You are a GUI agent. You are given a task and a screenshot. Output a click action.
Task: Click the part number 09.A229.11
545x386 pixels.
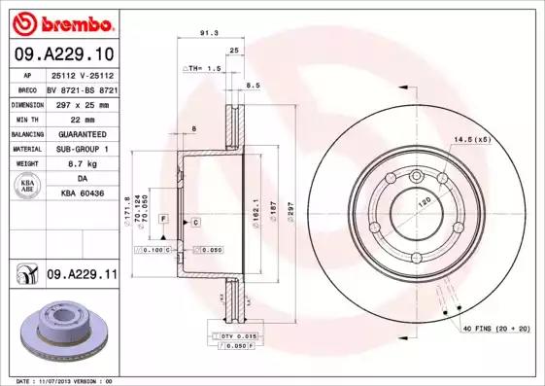click(x=81, y=275)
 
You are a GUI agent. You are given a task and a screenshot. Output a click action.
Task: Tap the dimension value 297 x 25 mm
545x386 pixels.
click(x=82, y=103)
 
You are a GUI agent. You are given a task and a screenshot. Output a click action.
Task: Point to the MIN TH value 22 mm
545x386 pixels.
click(x=82, y=118)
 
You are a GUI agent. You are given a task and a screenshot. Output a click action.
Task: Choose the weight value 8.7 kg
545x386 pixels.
click(x=82, y=164)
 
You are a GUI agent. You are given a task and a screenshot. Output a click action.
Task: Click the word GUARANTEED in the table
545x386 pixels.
click(x=82, y=133)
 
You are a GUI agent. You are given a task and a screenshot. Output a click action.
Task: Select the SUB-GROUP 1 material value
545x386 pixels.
click(x=82, y=149)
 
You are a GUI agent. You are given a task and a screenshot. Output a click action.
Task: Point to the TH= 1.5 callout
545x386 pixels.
click(x=204, y=69)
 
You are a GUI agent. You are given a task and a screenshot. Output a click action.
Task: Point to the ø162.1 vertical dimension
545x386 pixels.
click(x=255, y=205)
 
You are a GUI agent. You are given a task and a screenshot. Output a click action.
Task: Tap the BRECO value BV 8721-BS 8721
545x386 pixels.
click(x=82, y=88)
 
